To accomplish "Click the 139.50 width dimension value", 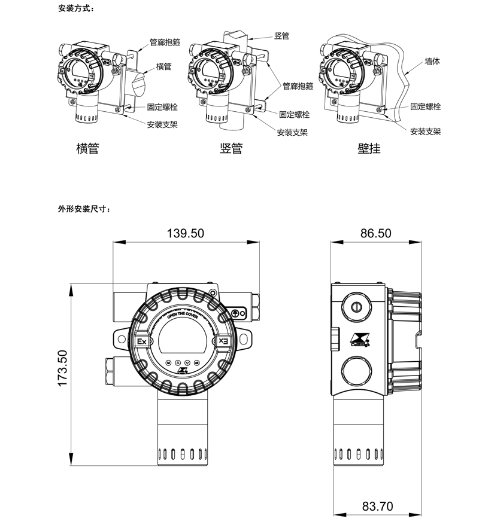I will coord(186,233).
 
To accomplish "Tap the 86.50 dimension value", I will coord(376,233).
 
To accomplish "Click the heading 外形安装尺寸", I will coord(84,209).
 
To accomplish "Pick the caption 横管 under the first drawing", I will coord(87,148).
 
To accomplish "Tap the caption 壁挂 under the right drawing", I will coord(369,148).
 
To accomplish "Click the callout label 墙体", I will coord(432,61).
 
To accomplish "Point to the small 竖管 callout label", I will coord(281,36).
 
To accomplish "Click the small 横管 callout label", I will coord(163,66).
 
